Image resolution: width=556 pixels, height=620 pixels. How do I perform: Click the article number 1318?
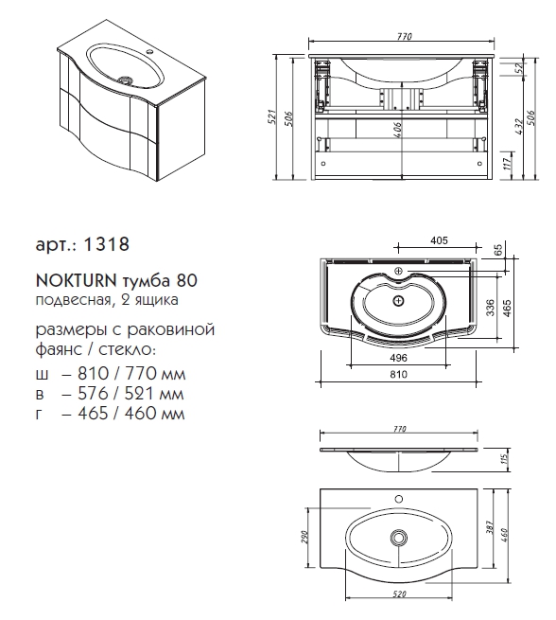pyautogui.click(x=107, y=244)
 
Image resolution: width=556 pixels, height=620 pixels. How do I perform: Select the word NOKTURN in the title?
pyautogui.click(x=77, y=281)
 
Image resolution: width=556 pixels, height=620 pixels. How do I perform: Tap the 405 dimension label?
pyautogui.click(x=439, y=240)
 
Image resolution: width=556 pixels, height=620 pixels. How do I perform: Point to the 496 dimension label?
pyautogui.click(x=398, y=358)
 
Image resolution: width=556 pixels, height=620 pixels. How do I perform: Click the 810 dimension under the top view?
pyautogui.click(x=398, y=374)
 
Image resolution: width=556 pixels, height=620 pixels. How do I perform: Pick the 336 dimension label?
pyautogui.click(x=489, y=308)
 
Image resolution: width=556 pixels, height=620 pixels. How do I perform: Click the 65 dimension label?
pyautogui.click(x=498, y=250)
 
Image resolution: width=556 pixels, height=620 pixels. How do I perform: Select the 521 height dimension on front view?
pyautogui.click(x=271, y=117)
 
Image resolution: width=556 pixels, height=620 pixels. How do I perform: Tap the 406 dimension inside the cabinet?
pyautogui.click(x=397, y=130)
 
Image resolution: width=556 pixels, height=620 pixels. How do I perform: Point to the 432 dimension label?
pyautogui.click(x=519, y=126)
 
